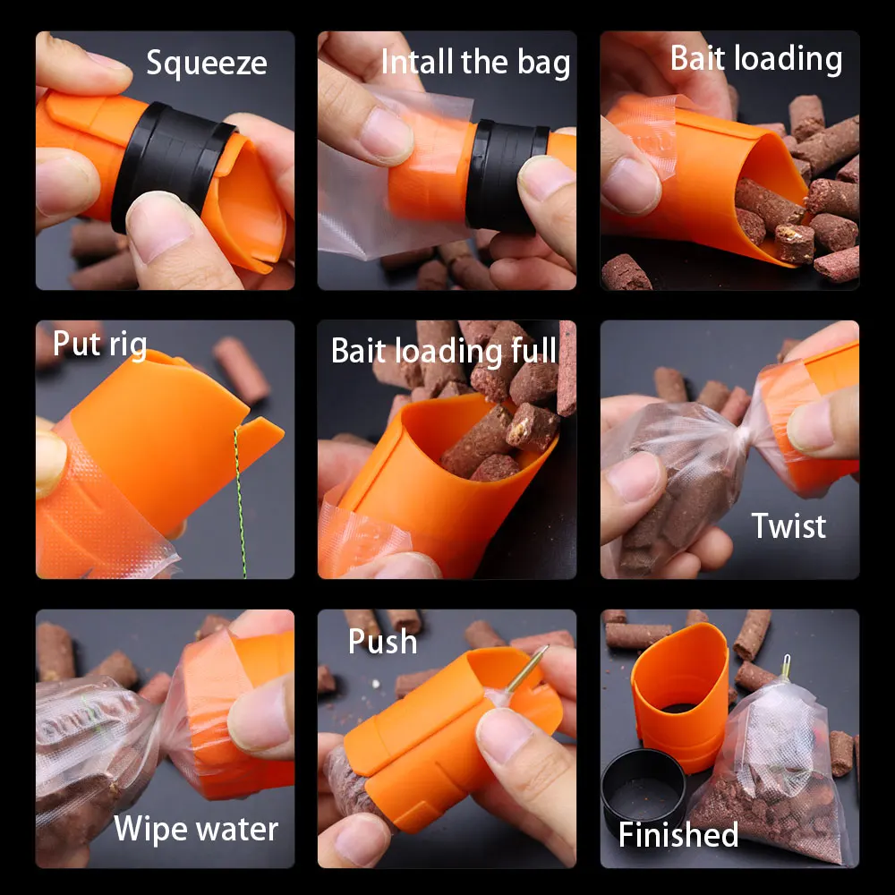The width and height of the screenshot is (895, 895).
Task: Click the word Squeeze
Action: (x=206, y=64)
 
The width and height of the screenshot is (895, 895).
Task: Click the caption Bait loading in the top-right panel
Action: (x=756, y=58)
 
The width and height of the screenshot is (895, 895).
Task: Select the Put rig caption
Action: (x=99, y=344)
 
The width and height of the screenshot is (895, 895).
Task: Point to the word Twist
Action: (x=788, y=525)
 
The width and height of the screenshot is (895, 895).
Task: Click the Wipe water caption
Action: (x=196, y=829)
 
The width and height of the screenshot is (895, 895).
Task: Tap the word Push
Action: (x=382, y=642)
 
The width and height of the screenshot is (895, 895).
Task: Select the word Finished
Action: (x=678, y=834)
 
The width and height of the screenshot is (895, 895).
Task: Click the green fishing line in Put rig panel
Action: (x=241, y=501)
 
